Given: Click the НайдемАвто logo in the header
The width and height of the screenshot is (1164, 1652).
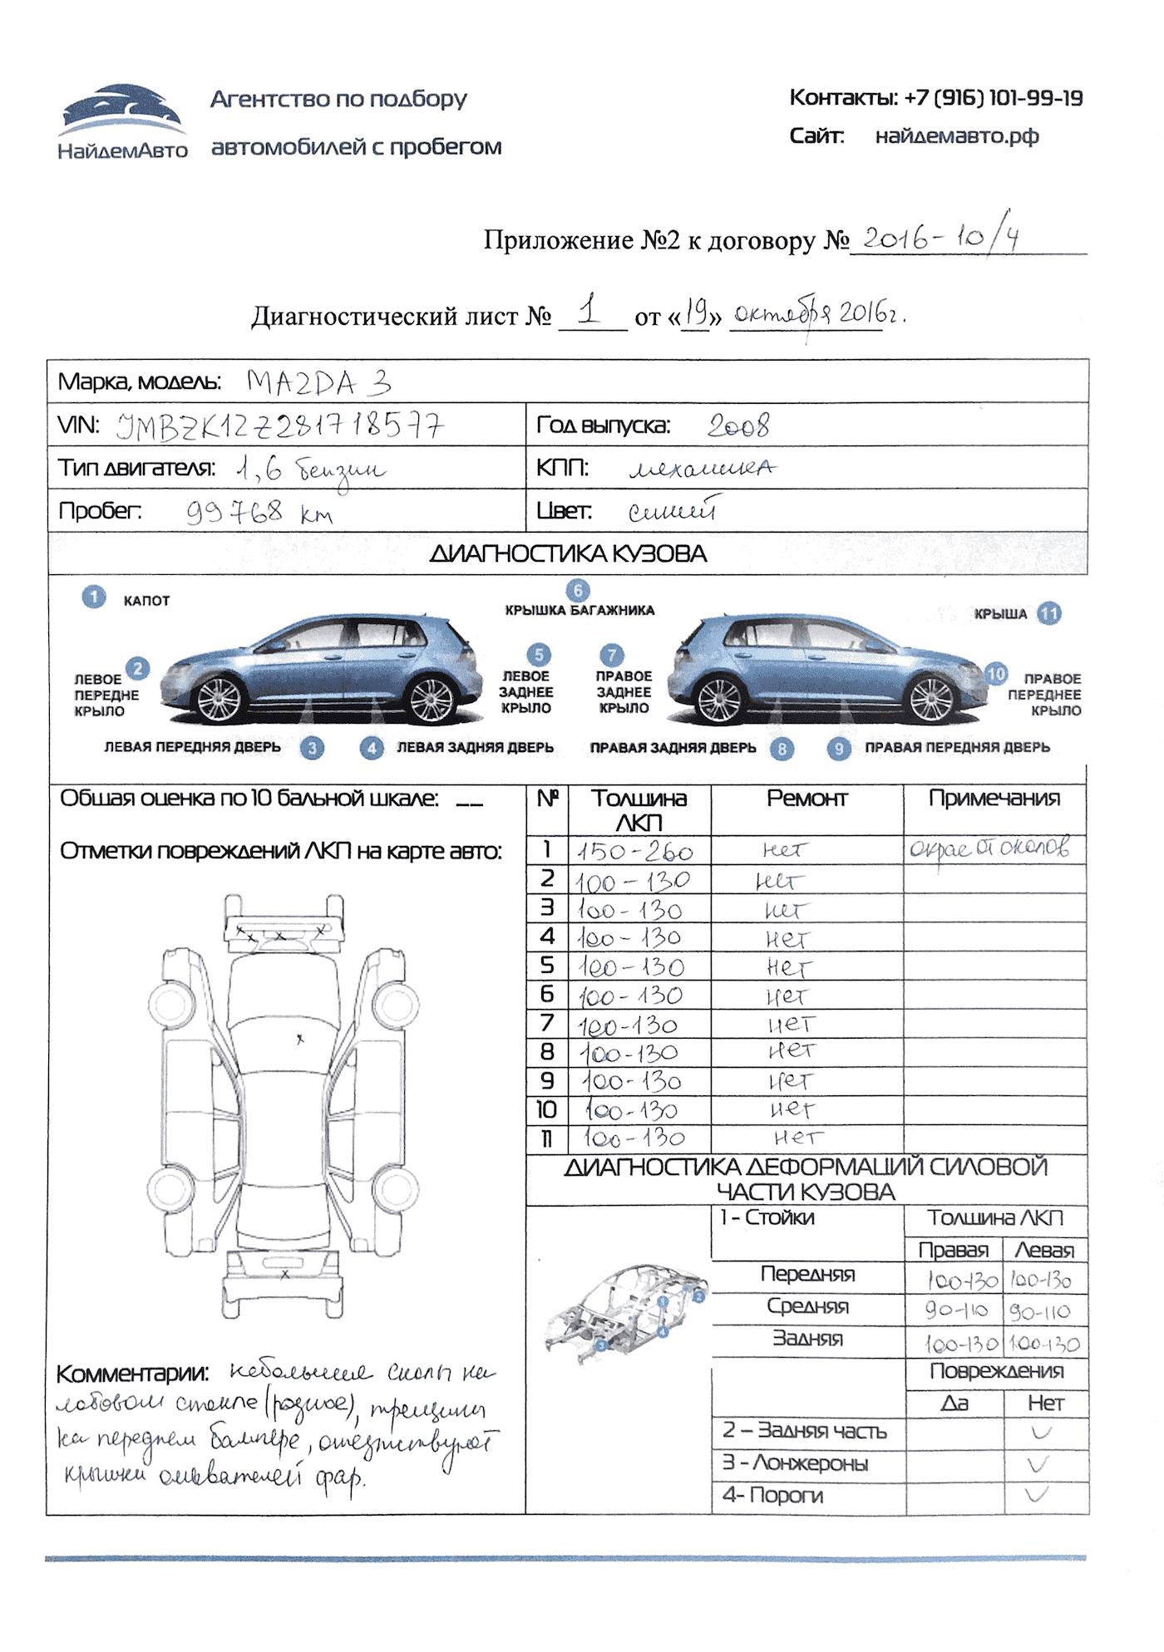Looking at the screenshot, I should click(122, 120).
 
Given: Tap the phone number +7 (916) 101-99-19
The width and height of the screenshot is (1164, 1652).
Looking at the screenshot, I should click(993, 98).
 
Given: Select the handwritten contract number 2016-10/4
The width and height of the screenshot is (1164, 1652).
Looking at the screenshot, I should click(940, 238).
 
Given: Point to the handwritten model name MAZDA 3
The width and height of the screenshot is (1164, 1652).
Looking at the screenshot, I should click(318, 382).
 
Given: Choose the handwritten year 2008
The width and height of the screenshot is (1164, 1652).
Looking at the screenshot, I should click(738, 426).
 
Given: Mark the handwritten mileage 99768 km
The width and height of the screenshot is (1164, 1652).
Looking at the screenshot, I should click(259, 512).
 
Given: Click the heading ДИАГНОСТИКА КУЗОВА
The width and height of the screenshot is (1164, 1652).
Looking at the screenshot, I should click(568, 554).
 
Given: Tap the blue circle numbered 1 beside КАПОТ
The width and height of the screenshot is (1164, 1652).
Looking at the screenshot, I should click(94, 597).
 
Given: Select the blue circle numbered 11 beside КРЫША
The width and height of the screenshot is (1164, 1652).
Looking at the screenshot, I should click(1049, 613).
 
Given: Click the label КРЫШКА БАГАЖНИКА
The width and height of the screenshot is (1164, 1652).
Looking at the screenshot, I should click(580, 610).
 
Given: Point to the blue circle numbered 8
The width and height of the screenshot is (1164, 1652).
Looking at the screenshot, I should click(782, 749).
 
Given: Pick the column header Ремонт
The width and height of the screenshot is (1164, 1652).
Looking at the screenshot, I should click(806, 799).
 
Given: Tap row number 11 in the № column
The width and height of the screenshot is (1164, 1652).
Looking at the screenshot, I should click(546, 1139).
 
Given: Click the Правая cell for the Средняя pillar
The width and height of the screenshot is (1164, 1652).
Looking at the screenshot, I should click(955, 1310).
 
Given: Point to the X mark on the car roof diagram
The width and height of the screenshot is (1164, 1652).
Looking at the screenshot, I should click(300, 1039).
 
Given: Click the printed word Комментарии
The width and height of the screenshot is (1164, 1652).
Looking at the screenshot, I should click(132, 1374).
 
